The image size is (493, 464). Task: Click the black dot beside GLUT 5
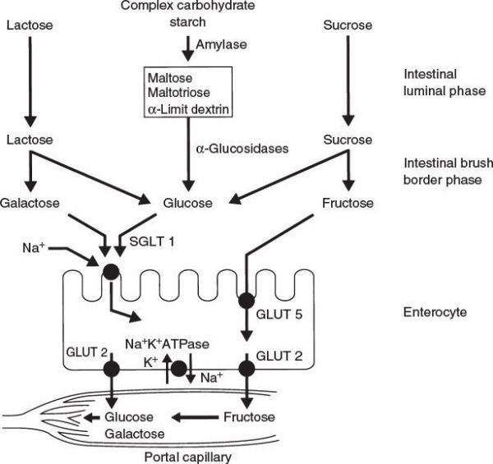point(245,298)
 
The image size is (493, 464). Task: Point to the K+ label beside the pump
point(151,361)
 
